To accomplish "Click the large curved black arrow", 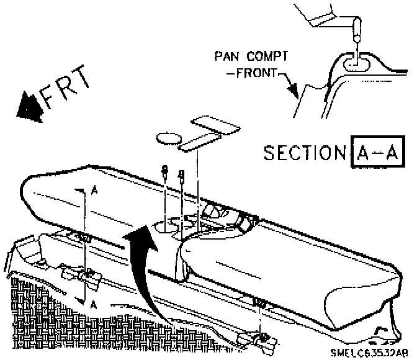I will point(139,267).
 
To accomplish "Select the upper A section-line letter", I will point(93,192).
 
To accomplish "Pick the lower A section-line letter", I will point(94,304).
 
